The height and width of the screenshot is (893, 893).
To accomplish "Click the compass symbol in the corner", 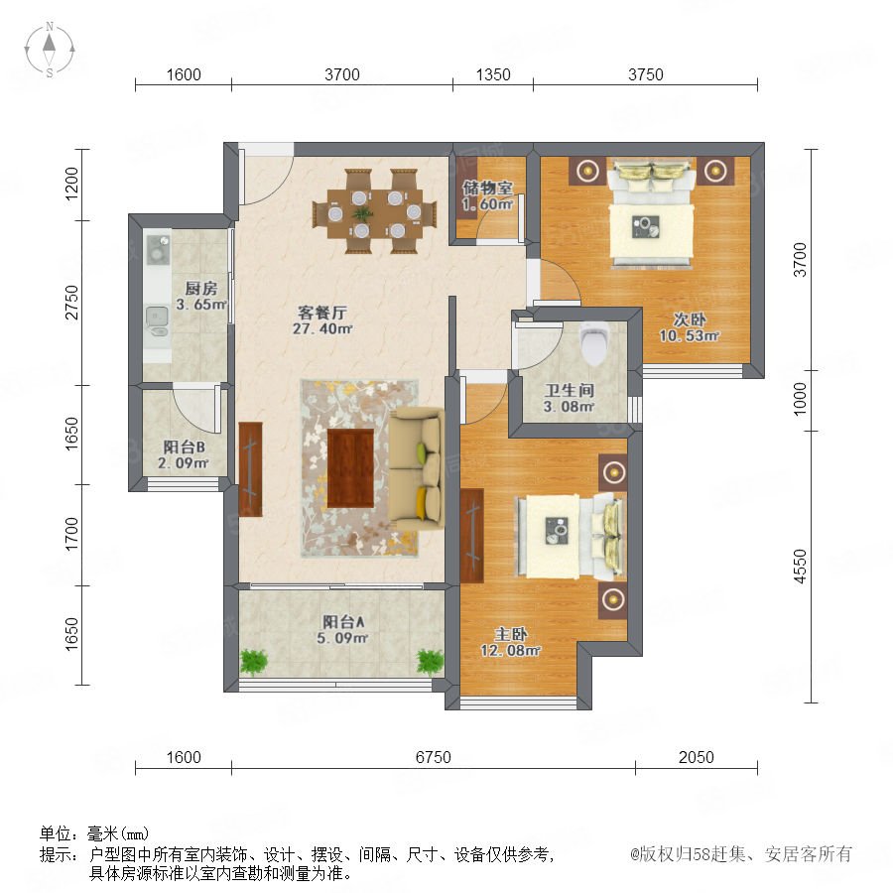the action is (50, 50).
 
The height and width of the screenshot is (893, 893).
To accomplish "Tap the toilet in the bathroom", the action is (594, 343).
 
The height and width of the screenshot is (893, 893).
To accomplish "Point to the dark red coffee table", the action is (350, 468).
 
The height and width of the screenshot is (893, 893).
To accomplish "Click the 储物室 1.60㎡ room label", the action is (487, 195).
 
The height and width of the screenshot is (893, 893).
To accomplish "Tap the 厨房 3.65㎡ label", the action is (201, 296).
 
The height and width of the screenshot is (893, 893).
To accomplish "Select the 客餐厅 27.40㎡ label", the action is (322, 320).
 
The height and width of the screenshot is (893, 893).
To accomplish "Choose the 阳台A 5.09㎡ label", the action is (342, 629).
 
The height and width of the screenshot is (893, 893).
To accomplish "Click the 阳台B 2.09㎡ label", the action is (184, 454).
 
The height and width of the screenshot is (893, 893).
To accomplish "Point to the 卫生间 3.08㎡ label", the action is (569, 398).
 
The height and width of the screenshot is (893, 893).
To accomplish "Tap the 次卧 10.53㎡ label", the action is (690, 327).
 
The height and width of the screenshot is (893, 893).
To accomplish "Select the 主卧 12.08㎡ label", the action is (510, 642).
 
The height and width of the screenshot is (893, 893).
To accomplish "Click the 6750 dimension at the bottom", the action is (433, 757).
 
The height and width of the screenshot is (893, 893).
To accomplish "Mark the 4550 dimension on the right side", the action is (800, 567).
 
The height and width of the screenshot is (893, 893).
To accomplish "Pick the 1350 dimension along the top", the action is (493, 74).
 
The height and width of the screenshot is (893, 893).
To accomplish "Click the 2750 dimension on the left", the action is (71, 303).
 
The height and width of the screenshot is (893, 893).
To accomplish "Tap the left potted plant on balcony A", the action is (254, 662).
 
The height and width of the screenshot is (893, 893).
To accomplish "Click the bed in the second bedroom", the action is (652, 213).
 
